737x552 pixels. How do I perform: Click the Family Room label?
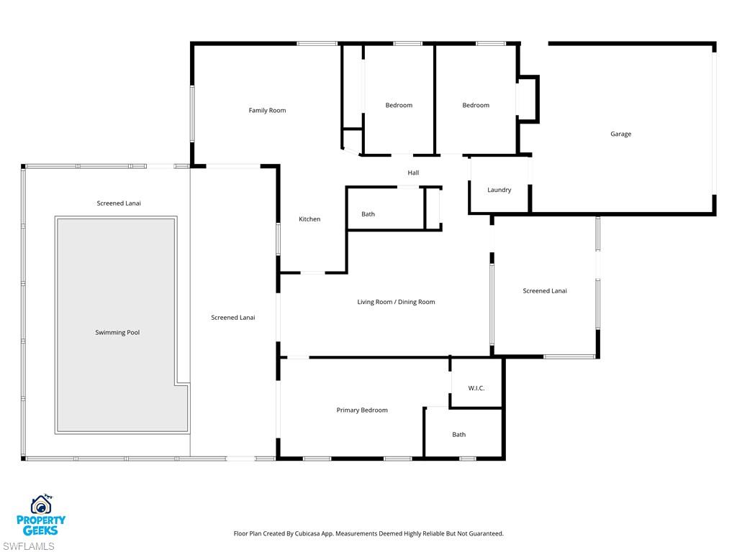tap(267, 111)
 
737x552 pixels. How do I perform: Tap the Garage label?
tap(620, 134)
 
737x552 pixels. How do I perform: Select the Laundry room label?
tap(499, 190)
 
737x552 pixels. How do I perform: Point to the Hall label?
tap(413, 173)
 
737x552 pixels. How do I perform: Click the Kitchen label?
tap(309, 219)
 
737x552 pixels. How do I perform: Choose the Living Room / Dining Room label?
tap(396, 303)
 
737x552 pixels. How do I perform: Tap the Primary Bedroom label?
tap(362, 410)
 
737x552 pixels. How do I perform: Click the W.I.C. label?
tap(476, 388)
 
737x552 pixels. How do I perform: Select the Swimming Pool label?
tap(117, 333)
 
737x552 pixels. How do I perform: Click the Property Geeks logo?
tap(41, 515)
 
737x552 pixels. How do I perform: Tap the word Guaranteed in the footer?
tap(485, 534)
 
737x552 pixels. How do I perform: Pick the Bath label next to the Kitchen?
tap(368, 214)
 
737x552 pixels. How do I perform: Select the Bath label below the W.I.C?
tap(458, 435)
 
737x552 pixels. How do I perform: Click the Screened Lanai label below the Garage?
tap(544, 291)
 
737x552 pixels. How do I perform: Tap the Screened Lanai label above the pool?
tap(119, 203)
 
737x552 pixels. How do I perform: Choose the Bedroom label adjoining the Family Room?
tap(399, 106)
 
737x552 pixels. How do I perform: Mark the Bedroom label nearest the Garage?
tap(475, 106)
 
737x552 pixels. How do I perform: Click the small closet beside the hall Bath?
tap(432, 208)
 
